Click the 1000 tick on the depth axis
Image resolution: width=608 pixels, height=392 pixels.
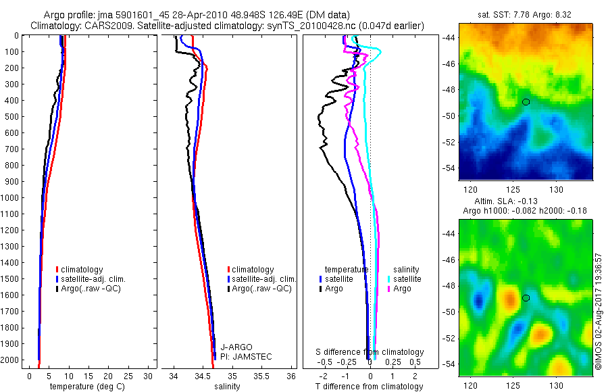point(11,198)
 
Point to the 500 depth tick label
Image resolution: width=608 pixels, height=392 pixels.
point(11,116)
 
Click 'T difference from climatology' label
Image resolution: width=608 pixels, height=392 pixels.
point(370,387)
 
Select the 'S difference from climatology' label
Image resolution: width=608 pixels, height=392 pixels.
point(370,352)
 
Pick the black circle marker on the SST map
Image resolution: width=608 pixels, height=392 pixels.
point(526,102)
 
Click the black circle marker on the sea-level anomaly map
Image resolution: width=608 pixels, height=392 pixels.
point(526,298)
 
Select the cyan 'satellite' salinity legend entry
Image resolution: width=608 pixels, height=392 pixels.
point(405,278)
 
